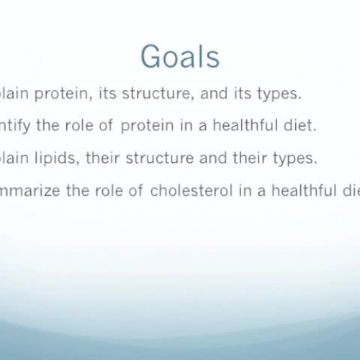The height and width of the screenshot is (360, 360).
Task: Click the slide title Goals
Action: point(180,57)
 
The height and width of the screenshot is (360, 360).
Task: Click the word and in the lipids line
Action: point(215,159)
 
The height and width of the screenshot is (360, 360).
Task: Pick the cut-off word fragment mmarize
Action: point(29,190)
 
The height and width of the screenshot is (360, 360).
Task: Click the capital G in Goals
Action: point(150,57)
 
